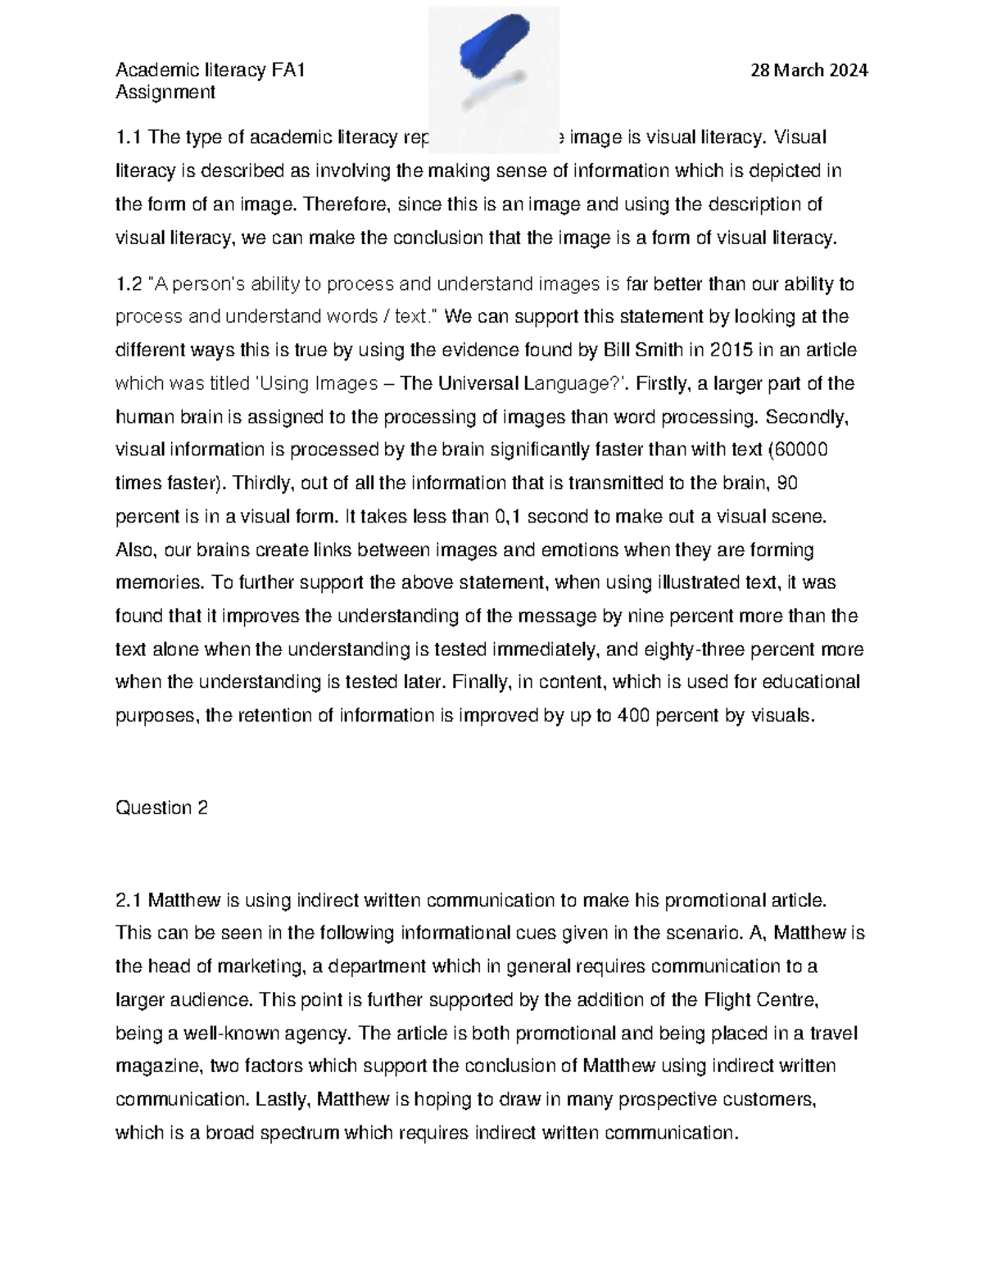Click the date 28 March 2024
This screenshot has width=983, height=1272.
coord(809,70)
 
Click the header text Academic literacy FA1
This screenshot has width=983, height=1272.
coord(210,70)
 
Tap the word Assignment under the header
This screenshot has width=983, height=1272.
coord(165,92)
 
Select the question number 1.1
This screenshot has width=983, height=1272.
coord(129,137)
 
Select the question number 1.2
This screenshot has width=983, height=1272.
coord(129,284)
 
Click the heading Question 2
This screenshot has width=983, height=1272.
coord(161,808)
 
